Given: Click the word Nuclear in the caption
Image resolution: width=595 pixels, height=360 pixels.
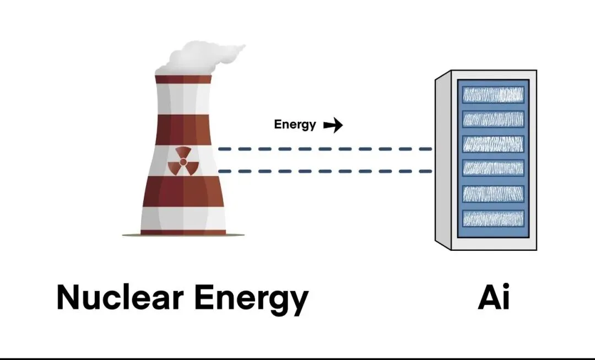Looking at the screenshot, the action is click(x=120, y=297).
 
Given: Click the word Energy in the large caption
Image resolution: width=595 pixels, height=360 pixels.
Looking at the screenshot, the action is click(x=251, y=300).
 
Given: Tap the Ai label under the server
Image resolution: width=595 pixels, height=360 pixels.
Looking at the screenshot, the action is click(x=493, y=297).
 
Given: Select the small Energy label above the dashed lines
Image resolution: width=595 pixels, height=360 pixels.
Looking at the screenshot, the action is click(x=295, y=125).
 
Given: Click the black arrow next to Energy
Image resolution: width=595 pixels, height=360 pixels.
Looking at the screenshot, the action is click(x=333, y=125).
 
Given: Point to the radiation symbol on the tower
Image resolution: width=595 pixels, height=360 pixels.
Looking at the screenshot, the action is click(x=183, y=162).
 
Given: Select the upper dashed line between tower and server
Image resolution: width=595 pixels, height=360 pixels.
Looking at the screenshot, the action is click(x=325, y=149).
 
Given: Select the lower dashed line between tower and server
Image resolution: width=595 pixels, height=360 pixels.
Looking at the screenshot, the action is click(x=325, y=171).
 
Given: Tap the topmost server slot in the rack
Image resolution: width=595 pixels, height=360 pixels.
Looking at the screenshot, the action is click(x=493, y=94).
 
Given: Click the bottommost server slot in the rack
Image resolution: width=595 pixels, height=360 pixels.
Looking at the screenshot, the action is click(x=493, y=218).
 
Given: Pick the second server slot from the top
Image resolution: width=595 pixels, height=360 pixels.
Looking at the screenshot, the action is click(x=493, y=119).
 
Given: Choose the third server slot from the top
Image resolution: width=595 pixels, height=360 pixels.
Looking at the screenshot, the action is click(x=493, y=143).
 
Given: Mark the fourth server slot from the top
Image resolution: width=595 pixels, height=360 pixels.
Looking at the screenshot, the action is click(x=493, y=168).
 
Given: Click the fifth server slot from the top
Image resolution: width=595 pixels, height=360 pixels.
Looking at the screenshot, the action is click(x=493, y=194).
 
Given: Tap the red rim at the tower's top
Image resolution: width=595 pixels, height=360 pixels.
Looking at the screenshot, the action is click(x=183, y=79).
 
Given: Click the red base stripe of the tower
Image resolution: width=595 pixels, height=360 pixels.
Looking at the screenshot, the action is click(x=183, y=232).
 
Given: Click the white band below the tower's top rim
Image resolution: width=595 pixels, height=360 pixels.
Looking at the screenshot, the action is click(x=183, y=99).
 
